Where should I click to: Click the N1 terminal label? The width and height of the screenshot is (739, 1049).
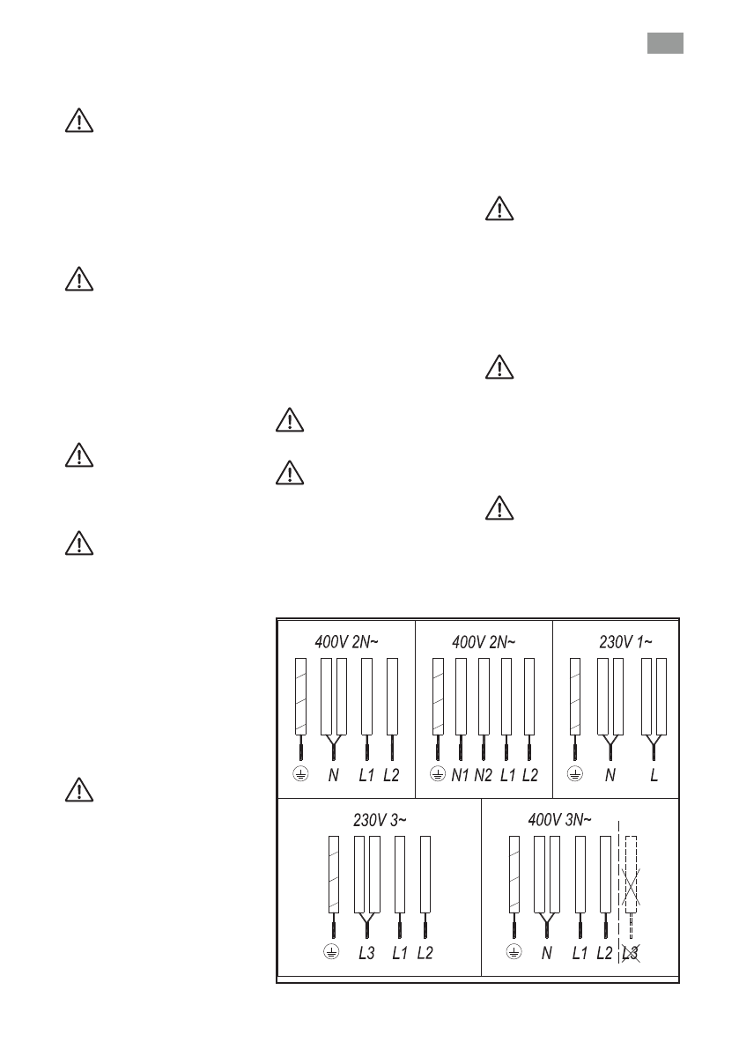click(x=460, y=775)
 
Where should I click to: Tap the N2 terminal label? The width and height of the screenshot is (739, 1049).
click(x=483, y=775)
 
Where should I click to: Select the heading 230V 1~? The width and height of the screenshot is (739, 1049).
click(x=626, y=641)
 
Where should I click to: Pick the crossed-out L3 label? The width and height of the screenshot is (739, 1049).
click(x=630, y=953)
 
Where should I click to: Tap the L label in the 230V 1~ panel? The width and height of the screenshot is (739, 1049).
click(x=654, y=775)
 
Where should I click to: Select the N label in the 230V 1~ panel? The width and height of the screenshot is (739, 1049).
click(x=610, y=775)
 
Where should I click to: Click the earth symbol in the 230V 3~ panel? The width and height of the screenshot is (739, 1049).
click(x=332, y=952)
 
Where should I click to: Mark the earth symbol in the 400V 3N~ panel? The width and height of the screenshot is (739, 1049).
click(x=515, y=952)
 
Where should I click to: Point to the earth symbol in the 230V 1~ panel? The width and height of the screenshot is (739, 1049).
click(x=575, y=774)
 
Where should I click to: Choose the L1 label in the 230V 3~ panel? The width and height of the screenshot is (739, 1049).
click(x=400, y=953)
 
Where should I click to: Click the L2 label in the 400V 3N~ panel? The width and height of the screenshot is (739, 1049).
click(x=604, y=953)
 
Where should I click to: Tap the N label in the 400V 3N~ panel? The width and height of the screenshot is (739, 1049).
click(x=547, y=953)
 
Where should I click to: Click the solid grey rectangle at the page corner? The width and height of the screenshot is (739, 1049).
click(x=665, y=44)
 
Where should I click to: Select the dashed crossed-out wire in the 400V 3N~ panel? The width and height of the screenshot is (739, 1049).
click(x=630, y=881)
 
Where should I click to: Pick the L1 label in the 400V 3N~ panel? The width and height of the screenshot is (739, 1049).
click(x=580, y=953)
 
